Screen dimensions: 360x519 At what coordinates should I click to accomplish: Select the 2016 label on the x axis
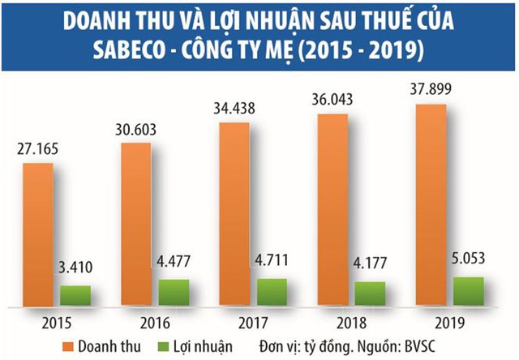(x=155, y=320)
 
